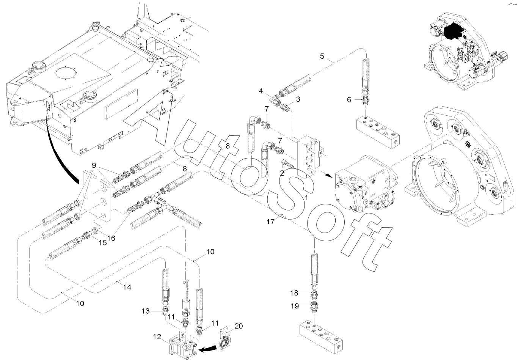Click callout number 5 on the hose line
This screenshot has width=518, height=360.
click(x=322, y=56)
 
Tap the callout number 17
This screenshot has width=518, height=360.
click(x=270, y=222)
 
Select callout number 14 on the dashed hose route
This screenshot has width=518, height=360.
click(x=127, y=287)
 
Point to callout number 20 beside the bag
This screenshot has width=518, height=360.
click(x=239, y=326)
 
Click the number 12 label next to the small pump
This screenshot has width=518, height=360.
click(x=157, y=336)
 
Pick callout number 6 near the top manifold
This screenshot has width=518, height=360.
click(x=349, y=100)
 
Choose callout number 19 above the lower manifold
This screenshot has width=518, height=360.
click(x=295, y=306)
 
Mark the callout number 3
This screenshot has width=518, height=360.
click(x=298, y=99)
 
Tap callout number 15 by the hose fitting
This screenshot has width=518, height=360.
click(x=103, y=242)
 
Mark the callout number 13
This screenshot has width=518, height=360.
click(x=146, y=311)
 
